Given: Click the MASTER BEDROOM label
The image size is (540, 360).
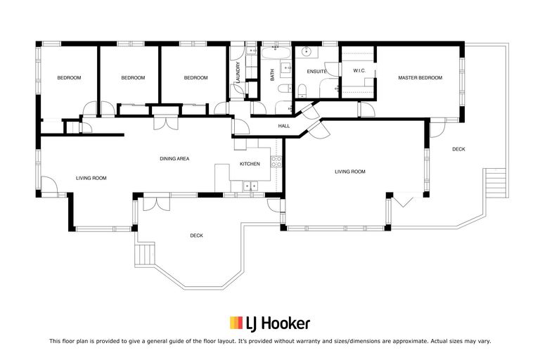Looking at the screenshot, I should click(420, 78).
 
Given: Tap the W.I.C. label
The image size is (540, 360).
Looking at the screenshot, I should click(357, 70).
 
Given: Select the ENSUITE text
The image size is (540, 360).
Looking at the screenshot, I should click(316, 71).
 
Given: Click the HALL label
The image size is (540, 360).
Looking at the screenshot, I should click(284, 126).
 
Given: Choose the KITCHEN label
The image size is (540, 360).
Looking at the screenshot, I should click(250, 164).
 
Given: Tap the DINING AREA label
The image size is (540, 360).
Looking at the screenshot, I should click(174, 159).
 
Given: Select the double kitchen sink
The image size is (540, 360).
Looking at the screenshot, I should click(249, 186).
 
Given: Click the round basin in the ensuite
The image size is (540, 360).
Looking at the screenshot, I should click(307, 53).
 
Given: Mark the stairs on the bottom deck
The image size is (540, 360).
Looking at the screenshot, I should click(146, 253).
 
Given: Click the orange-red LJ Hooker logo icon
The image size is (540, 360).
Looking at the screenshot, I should click(236, 323).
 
